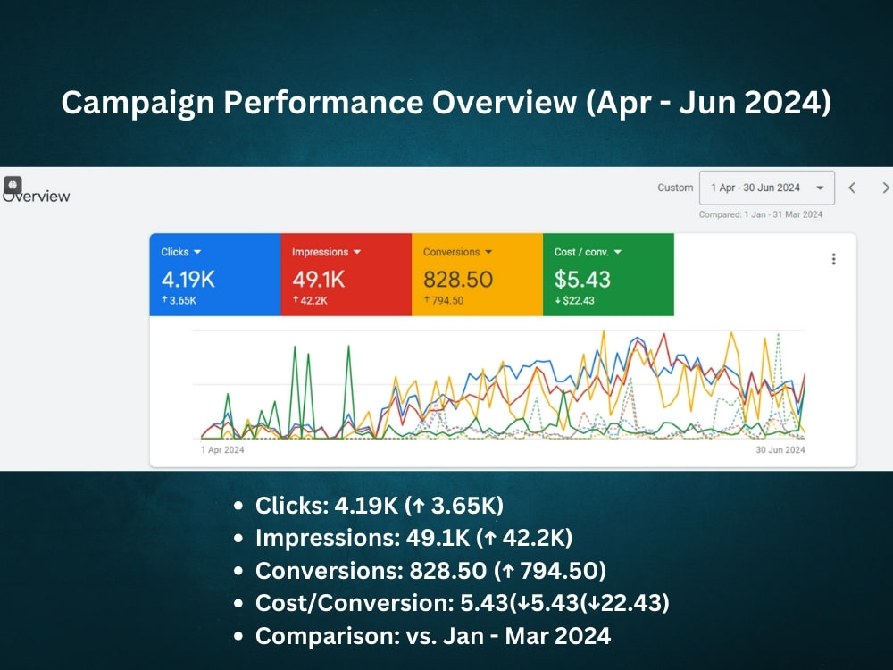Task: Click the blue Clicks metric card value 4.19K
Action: click(x=188, y=279)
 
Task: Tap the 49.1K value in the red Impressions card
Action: click(x=319, y=279)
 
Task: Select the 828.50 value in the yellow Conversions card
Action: click(x=458, y=279)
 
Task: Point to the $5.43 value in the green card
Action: click(x=582, y=279)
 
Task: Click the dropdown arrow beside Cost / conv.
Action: click(x=618, y=252)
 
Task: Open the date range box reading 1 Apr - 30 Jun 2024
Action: click(x=766, y=188)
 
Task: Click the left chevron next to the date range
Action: click(x=852, y=188)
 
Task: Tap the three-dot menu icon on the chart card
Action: click(x=834, y=259)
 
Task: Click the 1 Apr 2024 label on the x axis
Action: click(x=222, y=450)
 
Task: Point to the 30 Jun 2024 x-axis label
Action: click(x=780, y=450)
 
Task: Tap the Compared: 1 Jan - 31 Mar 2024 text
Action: click(x=761, y=214)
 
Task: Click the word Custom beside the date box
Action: click(x=675, y=188)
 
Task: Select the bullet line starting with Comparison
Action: click(x=433, y=636)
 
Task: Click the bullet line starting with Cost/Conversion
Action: click(x=462, y=603)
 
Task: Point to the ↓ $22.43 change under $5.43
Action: click(x=574, y=301)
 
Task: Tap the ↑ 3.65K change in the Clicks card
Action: click(x=179, y=300)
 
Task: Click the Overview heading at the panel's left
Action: click(x=37, y=196)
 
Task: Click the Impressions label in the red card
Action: click(x=320, y=253)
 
